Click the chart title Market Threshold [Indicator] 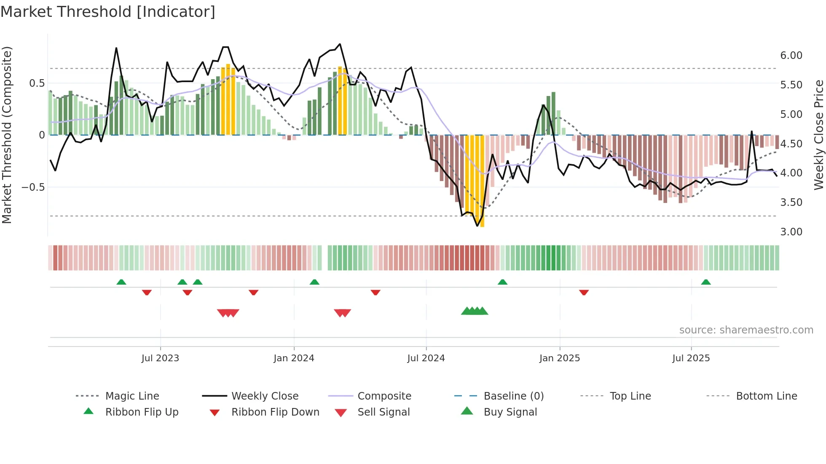pos(108,12)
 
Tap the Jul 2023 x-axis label pos(160,358)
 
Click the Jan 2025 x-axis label pos(559,358)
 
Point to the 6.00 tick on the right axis pos(791,56)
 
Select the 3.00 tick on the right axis pos(791,232)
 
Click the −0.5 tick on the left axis pos(33,187)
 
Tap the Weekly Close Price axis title pos(818,135)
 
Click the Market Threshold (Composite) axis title pos(7,135)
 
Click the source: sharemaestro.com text pos(746,330)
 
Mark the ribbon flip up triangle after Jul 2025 pos(706,282)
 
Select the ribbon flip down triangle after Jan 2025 pos(584,292)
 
